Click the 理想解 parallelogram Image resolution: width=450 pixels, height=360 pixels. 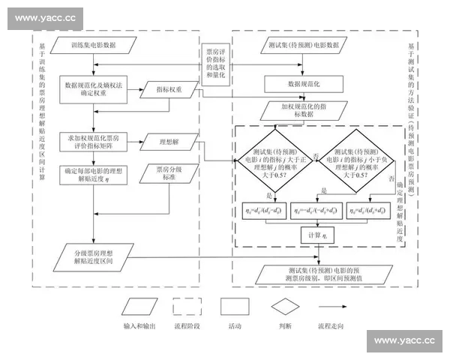(x=173, y=141)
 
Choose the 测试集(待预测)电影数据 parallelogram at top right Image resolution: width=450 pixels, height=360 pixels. (x=304, y=44)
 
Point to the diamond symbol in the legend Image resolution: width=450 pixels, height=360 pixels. (x=286, y=307)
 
